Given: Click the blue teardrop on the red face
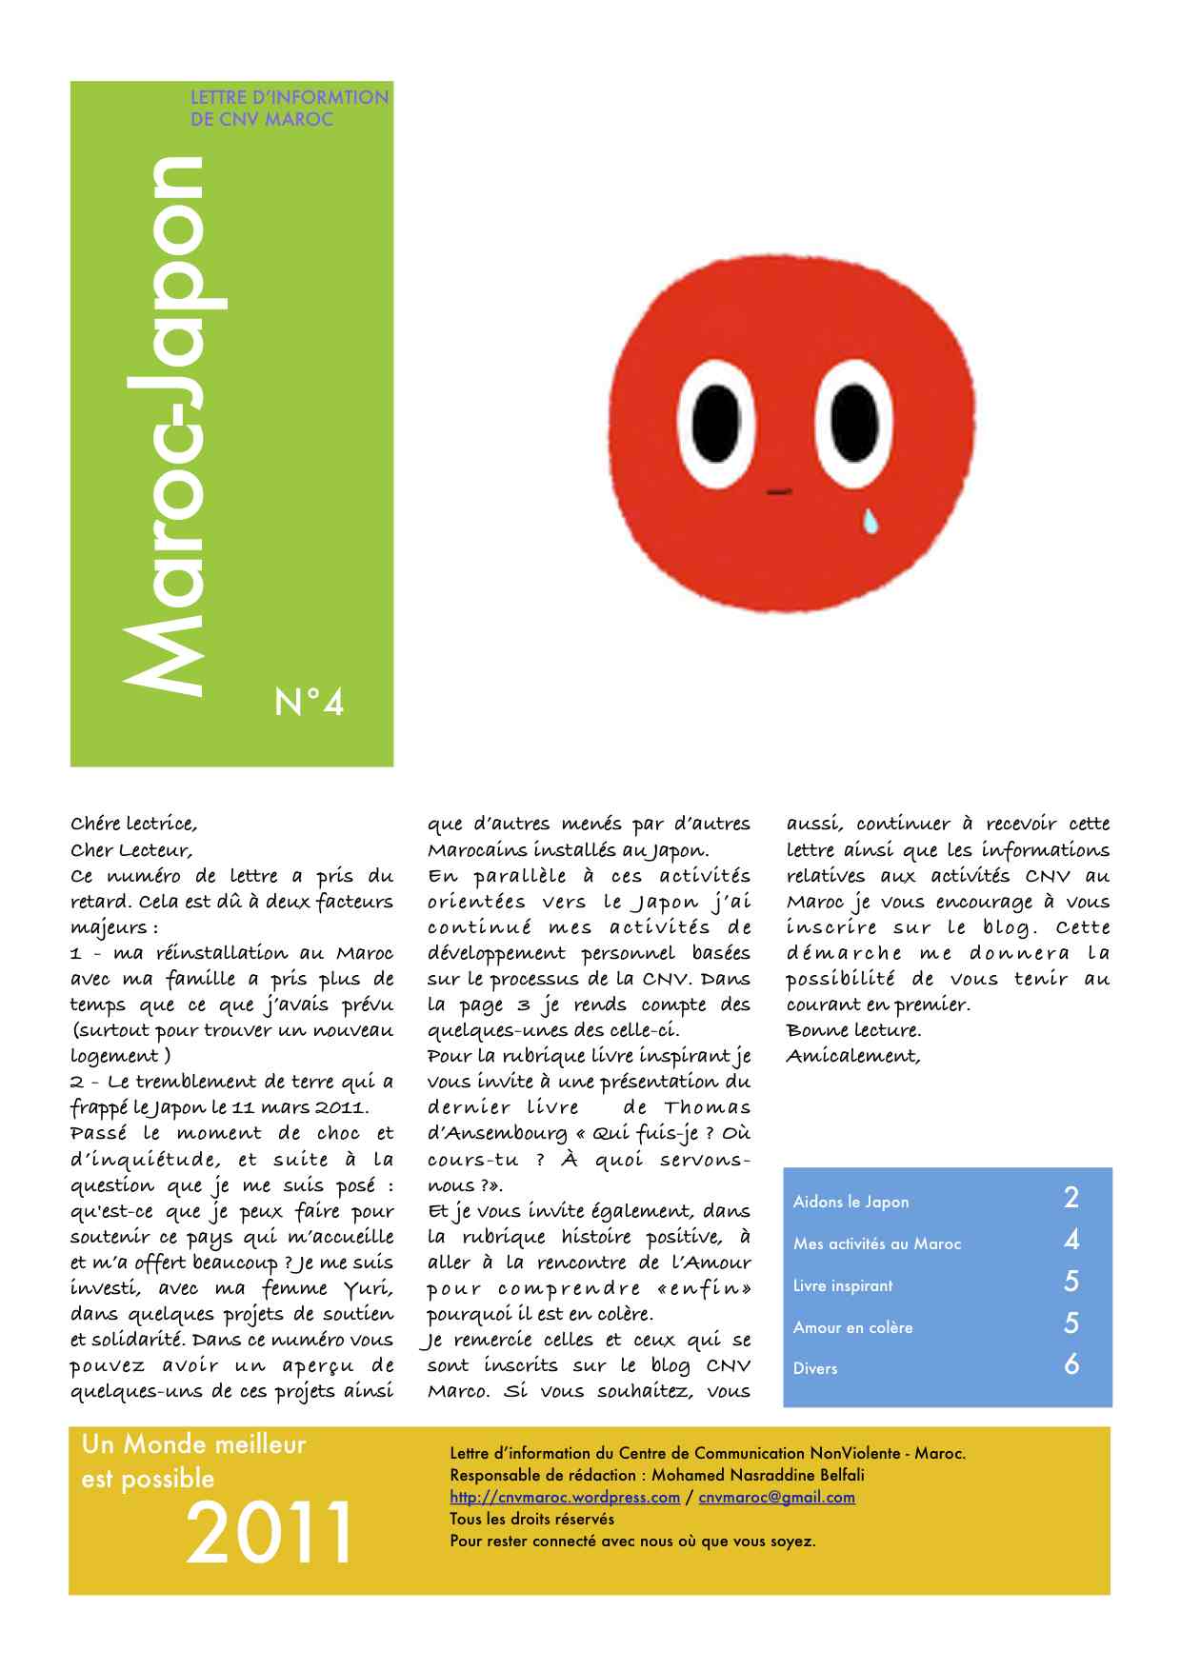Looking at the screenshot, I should [871, 520].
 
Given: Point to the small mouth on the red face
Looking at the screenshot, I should [779, 491].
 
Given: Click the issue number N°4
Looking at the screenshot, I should [309, 704].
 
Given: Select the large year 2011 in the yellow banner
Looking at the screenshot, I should [270, 1532].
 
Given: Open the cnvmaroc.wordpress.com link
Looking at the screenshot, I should [565, 1497].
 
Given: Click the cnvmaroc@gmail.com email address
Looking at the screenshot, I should [776, 1497].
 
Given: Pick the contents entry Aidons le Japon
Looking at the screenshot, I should [851, 1202].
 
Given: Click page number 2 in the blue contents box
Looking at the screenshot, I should [1071, 1198].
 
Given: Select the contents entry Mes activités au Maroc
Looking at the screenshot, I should [877, 1243].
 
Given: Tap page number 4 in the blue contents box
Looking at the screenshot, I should [1071, 1240].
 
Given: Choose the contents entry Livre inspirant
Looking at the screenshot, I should [843, 1285].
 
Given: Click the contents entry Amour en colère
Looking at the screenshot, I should [852, 1327].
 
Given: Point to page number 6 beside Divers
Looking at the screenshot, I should [1071, 1364].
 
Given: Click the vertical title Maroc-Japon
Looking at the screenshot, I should [169, 424].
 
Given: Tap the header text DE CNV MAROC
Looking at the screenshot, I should [262, 120].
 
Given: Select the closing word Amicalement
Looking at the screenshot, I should [853, 1056].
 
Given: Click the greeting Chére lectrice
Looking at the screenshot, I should [133, 824].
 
